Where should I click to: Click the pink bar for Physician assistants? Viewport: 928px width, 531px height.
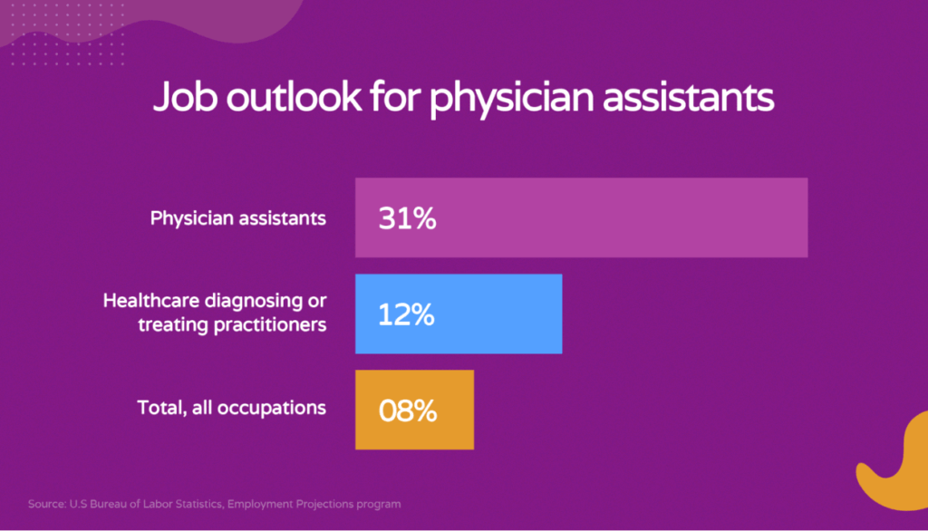point(581,217)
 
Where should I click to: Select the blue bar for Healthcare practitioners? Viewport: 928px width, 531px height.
point(459,314)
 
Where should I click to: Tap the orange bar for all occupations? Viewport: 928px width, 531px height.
point(414,410)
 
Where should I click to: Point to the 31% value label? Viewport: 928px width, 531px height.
point(407,218)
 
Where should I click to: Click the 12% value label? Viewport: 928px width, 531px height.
point(406,314)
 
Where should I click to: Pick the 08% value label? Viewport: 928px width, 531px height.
point(408,410)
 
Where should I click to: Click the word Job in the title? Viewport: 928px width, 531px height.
point(185,96)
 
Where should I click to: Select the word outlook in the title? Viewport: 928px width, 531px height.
point(295,96)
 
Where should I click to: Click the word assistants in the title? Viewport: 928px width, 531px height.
point(689,98)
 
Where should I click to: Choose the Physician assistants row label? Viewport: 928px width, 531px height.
point(238,218)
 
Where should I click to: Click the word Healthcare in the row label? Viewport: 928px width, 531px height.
point(151,301)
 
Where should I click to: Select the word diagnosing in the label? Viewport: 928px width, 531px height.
point(254,302)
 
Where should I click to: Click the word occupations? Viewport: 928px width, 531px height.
point(272,408)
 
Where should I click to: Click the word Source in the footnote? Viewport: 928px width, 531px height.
point(47,505)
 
